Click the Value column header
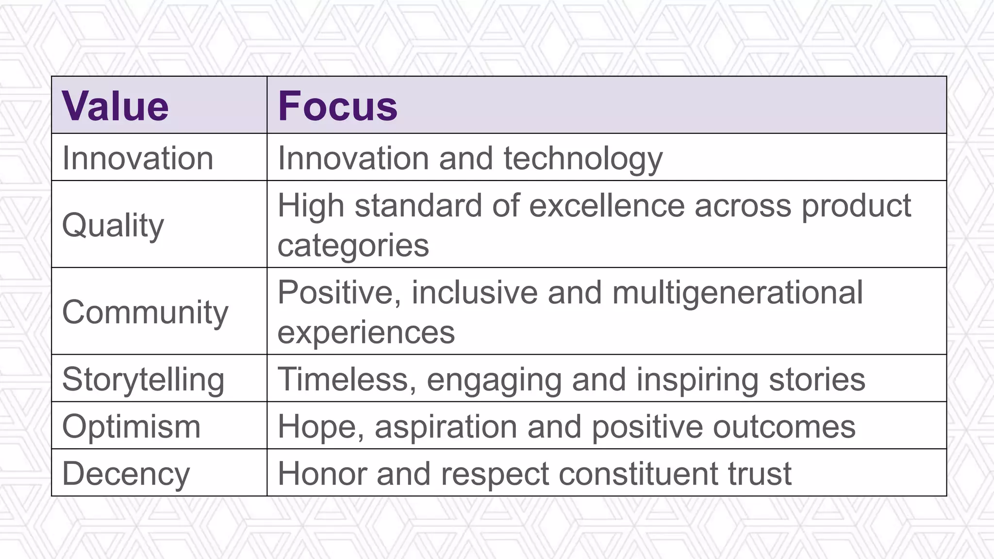[x=116, y=106]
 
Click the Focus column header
[x=338, y=106]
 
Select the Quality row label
[x=113, y=226]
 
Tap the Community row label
[x=145, y=312]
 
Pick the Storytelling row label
[x=143, y=379]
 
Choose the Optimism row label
[x=131, y=427]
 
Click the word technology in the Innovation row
[x=583, y=159]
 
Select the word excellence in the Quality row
[x=607, y=206]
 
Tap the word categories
[x=353, y=246]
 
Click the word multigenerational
[x=737, y=293]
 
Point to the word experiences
[x=366, y=332]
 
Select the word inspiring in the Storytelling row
[x=696, y=379]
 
